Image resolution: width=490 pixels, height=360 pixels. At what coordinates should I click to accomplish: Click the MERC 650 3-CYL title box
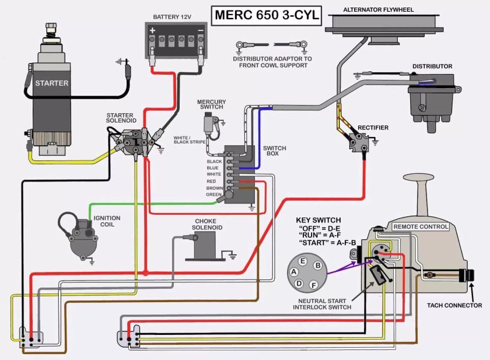265,15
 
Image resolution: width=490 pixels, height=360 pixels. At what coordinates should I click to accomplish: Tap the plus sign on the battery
153,30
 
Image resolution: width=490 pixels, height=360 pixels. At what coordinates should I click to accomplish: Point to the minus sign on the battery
200,30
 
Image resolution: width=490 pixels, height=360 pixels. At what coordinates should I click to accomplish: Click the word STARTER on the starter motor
51,83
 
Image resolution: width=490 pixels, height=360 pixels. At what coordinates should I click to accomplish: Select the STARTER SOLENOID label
120,118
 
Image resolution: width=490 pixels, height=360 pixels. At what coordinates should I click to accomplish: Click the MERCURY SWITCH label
211,106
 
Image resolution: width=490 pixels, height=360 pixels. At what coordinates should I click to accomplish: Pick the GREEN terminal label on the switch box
213,194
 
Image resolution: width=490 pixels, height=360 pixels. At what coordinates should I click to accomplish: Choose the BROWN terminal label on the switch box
213,188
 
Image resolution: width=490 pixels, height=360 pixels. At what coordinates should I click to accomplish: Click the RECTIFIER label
373,127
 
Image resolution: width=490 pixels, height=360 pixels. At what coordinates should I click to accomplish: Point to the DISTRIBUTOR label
432,67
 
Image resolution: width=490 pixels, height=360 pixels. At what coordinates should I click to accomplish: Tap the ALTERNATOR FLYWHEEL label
379,10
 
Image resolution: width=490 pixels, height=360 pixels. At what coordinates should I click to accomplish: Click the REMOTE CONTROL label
420,226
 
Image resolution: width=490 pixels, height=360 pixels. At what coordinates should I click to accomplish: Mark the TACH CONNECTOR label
454,305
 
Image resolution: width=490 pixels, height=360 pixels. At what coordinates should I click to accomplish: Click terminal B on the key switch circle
317,265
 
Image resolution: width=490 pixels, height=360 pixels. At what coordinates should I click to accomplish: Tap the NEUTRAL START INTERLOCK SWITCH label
321,303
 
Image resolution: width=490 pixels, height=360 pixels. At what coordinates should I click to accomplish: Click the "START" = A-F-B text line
327,242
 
